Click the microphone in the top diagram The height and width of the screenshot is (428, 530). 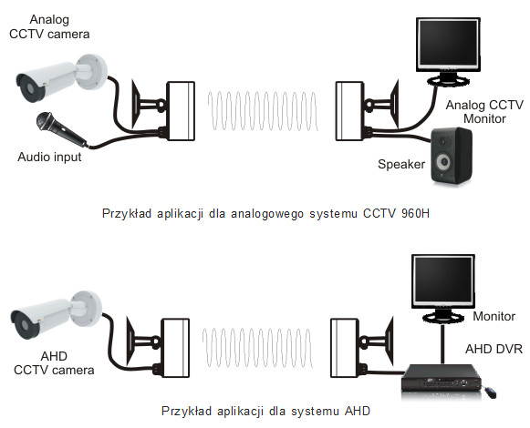pyautogui.click(x=61, y=130)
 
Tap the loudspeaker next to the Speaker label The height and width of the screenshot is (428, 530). pyautogui.click(x=452, y=156)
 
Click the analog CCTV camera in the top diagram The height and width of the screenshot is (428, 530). pyautogui.click(x=61, y=77)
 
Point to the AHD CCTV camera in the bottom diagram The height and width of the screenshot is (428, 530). pyautogui.click(x=56, y=314)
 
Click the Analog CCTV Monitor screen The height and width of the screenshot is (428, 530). pyautogui.click(x=448, y=45)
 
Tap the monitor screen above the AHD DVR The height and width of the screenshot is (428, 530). pyautogui.click(x=443, y=281)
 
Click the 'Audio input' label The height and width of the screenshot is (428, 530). pyautogui.click(x=49, y=158)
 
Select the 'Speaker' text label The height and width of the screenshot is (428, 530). pyautogui.click(x=401, y=165)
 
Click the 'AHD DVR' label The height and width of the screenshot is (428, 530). pyautogui.click(x=494, y=349)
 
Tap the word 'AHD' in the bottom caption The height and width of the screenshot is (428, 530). pyautogui.click(x=358, y=411)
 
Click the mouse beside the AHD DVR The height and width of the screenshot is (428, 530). pyautogui.click(x=490, y=392)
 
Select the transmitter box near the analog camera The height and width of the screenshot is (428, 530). pyautogui.click(x=181, y=111)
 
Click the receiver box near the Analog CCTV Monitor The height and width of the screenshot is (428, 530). pyautogui.click(x=349, y=111)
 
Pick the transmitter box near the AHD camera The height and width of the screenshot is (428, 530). pyautogui.click(x=175, y=348)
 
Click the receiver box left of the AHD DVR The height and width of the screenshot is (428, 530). pyautogui.click(x=344, y=348)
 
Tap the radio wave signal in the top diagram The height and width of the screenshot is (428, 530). pyautogui.click(x=263, y=111)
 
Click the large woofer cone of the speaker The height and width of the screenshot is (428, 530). pyautogui.click(x=444, y=163)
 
